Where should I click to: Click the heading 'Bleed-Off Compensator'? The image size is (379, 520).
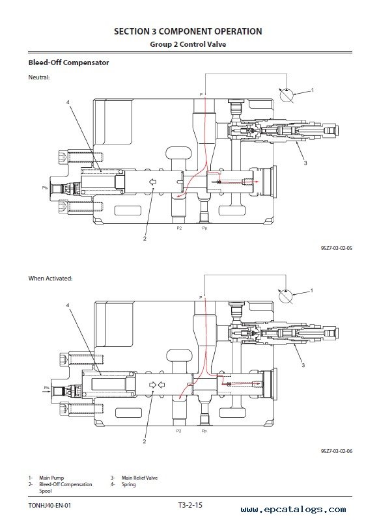point(68,62)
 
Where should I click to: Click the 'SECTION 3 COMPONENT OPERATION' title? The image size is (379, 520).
point(188,31)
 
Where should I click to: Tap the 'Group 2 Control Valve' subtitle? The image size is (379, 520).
point(188,44)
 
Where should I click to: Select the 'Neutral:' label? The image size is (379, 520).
point(39,77)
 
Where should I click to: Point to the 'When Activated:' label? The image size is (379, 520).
point(50,279)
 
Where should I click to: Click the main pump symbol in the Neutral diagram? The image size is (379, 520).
point(286,95)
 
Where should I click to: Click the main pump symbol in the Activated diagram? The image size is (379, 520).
point(285,296)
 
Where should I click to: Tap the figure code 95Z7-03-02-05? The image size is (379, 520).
point(337,248)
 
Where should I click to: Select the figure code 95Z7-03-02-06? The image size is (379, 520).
point(337,451)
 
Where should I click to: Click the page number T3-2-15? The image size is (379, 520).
point(190,505)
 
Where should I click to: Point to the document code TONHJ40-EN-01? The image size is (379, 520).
point(49,506)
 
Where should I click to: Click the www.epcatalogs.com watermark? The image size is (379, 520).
point(294,510)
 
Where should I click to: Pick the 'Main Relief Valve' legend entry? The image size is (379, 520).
point(139,478)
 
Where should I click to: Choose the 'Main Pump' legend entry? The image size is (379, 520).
point(51,478)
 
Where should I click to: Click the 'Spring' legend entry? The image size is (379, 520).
point(128,484)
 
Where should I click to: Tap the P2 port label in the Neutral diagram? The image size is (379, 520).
point(179,228)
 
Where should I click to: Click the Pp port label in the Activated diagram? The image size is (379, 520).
point(204,431)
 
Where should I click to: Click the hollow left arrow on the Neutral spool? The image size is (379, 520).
point(152,182)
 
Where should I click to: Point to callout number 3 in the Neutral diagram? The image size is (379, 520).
point(305,163)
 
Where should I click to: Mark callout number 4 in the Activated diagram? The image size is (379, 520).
point(68,305)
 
